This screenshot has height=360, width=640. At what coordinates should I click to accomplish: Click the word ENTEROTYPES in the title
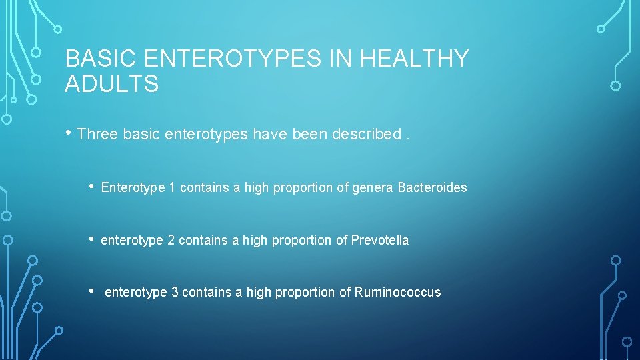[231, 59]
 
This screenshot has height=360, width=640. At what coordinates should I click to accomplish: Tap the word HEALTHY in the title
[415, 59]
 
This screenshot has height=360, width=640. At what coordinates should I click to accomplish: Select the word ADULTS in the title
[112, 85]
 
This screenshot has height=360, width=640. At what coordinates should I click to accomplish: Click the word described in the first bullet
[364, 134]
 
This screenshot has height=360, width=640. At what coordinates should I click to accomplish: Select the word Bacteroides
[432, 188]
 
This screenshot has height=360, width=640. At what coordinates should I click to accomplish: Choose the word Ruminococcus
[397, 292]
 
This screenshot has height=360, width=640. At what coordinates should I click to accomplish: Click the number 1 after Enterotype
[172, 188]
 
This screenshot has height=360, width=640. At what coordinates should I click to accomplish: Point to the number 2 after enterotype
[171, 240]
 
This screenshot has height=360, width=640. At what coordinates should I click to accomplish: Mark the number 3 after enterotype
[175, 292]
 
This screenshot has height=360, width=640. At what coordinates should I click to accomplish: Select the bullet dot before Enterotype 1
[91, 187]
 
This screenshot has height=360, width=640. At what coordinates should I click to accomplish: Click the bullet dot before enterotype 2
[91, 239]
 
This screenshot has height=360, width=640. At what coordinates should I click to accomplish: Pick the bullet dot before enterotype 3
[91, 291]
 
